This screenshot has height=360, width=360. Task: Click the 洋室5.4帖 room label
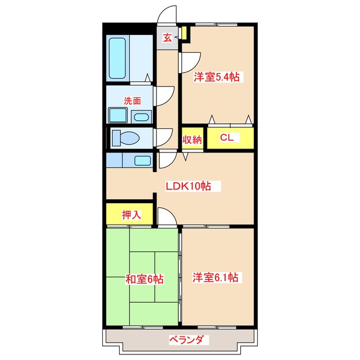coord(217,78)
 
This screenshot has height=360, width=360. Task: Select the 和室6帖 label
coord(144,278)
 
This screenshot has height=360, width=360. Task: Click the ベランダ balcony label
coord(188,339)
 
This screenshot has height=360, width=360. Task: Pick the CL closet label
coord(227,138)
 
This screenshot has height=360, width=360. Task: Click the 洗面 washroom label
coord(132,101)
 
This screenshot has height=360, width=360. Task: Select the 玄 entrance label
coord(167,38)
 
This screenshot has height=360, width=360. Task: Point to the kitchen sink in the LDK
coord(142,160)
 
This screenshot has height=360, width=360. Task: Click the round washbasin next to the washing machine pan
coord(142,117)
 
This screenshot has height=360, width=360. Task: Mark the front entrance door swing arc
coord(166,16)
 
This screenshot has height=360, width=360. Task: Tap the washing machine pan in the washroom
coord(118,116)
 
